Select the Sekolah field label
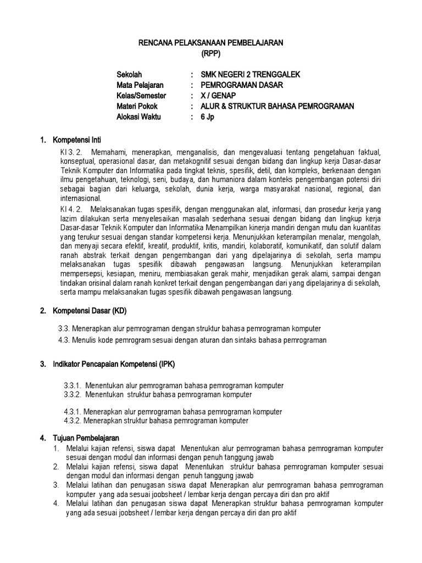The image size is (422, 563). pos(130,75)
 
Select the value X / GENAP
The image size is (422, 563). pos(219,96)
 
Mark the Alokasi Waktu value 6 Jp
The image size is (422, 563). pos(207,117)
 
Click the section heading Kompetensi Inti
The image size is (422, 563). pos(76,140)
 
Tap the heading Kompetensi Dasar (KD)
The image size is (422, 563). pos(89,311)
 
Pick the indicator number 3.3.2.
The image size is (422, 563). pos(73,395)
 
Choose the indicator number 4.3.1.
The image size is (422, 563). pos(73,411)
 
